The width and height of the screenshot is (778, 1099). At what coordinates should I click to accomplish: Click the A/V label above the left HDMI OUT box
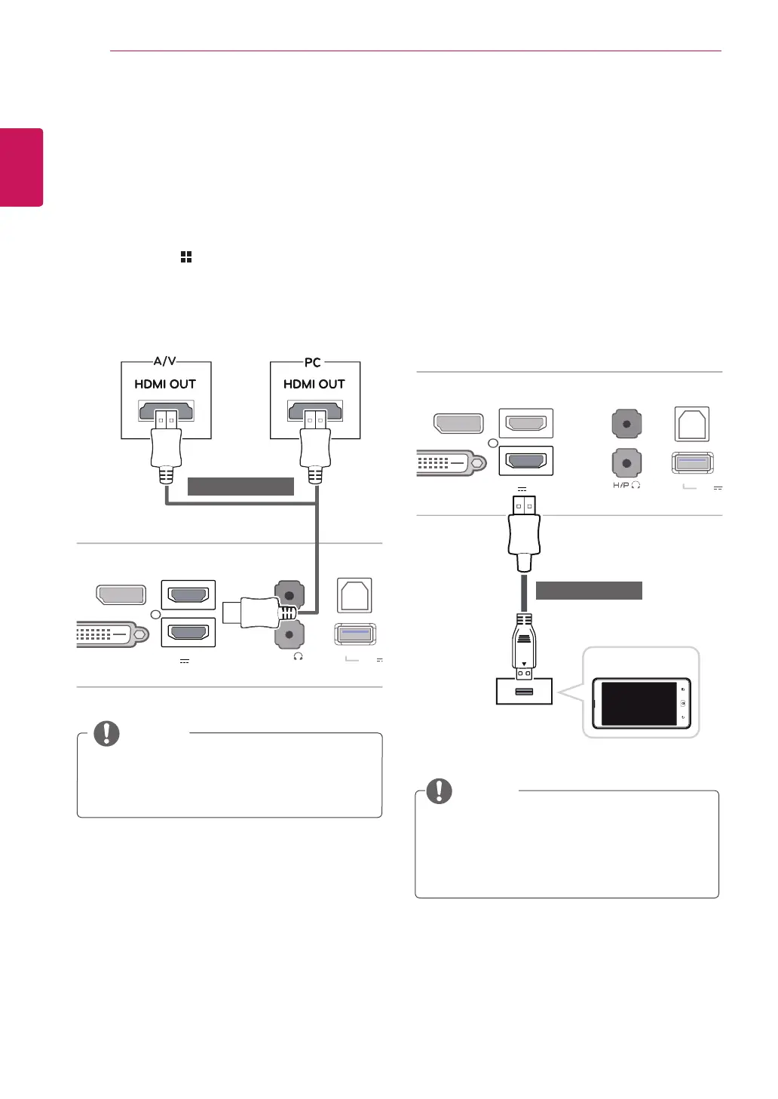pyautogui.click(x=165, y=361)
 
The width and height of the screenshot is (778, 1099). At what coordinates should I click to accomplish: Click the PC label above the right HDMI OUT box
pyautogui.click(x=313, y=362)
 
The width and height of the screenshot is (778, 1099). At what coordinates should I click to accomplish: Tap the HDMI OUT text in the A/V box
pyautogui.click(x=165, y=384)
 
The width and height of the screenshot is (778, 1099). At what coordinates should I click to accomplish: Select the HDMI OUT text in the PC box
pyautogui.click(x=314, y=384)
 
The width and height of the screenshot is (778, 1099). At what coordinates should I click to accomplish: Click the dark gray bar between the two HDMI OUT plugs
pyautogui.click(x=240, y=487)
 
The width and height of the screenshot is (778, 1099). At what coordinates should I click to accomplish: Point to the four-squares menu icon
pyautogui.click(x=186, y=257)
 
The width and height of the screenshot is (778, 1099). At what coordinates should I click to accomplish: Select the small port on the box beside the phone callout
pyautogui.click(x=524, y=692)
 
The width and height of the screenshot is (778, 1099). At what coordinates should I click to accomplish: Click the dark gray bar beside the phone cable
pyautogui.click(x=589, y=591)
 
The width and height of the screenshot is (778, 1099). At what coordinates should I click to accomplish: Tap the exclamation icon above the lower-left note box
pyautogui.click(x=106, y=733)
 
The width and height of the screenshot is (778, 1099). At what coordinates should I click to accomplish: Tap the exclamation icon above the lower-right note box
pyautogui.click(x=440, y=790)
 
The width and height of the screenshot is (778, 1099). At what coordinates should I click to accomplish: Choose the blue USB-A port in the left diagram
pyautogui.click(x=354, y=634)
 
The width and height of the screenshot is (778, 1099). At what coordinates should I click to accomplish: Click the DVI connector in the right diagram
pyautogui.click(x=446, y=463)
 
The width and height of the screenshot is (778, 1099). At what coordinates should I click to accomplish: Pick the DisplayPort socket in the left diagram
pyautogui.click(x=121, y=594)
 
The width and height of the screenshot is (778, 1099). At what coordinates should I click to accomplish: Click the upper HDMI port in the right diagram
pyautogui.click(x=526, y=423)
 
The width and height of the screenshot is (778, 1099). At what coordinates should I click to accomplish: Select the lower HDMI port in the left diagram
pyautogui.click(x=188, y=632)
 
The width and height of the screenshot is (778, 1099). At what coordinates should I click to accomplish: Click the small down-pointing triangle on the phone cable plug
pyautogui.click(x=524, y=665)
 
